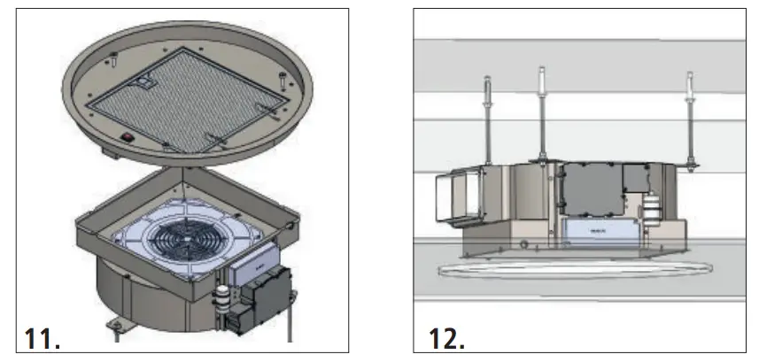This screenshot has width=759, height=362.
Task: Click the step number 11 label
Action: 41,338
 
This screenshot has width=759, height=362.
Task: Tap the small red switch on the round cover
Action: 128,137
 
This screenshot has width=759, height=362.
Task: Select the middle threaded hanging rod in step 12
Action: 538,115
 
